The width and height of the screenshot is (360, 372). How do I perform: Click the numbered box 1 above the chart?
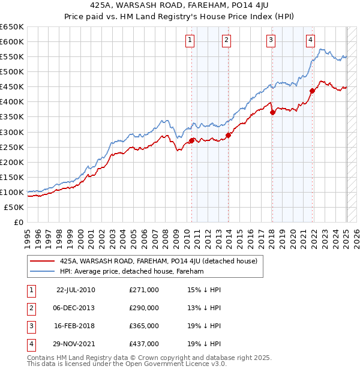[190, 40]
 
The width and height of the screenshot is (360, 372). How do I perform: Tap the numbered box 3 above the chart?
[271, 40]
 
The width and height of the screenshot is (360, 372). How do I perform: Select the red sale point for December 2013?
[229, 135]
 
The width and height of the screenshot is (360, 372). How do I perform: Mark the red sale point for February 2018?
[272, 112]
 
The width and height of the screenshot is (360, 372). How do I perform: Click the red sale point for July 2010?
[192, 140]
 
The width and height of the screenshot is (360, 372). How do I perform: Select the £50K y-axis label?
[14, 207]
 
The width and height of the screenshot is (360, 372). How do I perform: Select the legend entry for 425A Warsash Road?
[158, 261]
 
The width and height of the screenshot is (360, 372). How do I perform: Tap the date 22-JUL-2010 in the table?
[76, 290]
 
